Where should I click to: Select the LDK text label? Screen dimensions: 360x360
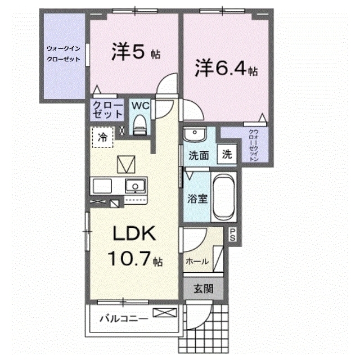pos(134,233)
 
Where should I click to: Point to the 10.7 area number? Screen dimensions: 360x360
pos(129,258)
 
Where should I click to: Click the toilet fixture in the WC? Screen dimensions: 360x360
pos(140,125)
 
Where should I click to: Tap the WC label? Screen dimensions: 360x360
pos(140,106)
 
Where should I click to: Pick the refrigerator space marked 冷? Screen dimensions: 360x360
pos(102,137)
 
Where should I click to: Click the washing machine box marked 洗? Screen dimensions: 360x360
pos(227,154)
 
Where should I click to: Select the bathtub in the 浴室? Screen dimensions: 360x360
pos(224,196)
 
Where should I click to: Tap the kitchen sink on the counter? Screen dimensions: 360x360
pos(135,186)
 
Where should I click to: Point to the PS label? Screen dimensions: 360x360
pos(232,235)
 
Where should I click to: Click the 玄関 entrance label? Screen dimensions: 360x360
pos(203,289)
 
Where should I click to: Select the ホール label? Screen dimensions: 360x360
pos(197,261)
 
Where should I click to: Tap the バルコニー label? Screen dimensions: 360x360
pos(124,318)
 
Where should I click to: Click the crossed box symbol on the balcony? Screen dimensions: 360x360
pos(165,313)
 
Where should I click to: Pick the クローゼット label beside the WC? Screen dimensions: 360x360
pos(107,110)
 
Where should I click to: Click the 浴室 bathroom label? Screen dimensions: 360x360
pos(197,199)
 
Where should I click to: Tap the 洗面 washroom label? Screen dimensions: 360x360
pos(199,156)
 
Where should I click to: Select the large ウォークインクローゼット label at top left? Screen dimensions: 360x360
pos(64,54)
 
